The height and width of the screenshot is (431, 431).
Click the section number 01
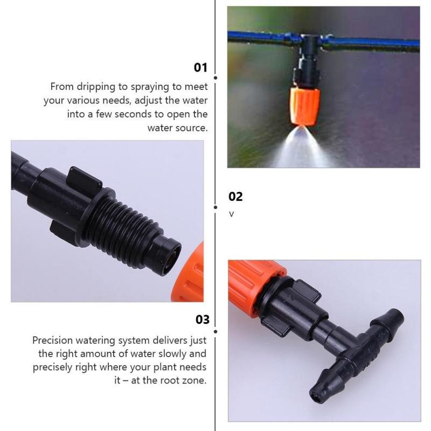tap(200, 67)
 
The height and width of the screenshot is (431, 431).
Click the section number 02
tap(235, 197)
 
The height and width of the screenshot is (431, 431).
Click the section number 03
tap(202, 319)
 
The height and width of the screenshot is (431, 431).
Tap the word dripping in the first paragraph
tap(92, 87)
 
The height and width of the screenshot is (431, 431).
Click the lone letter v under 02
tap(232, 214)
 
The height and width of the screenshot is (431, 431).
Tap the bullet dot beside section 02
tap(215, 207)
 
